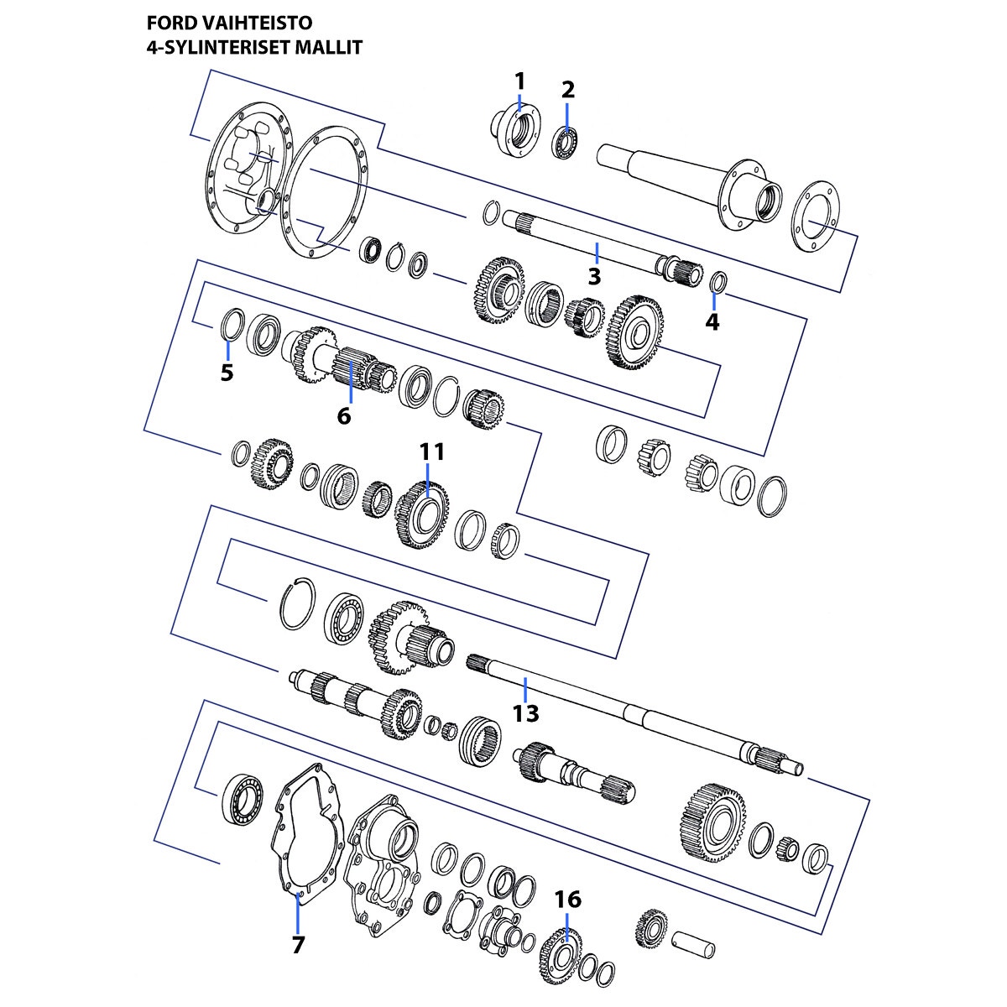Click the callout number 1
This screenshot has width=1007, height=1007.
pyautogui.click(x=519, y=81)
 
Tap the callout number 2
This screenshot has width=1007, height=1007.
pyautogui.click(x=568, y=90)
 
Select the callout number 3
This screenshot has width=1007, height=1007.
pyautogui.click(x=594, y=277)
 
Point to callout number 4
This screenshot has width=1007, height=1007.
pyautogui.click(x=712, y=321)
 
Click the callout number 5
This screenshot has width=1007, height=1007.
pyautogui.click(x=227, y=372)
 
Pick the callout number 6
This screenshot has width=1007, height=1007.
pyautogui.click(x=344, y=415)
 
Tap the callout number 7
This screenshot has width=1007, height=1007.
pyautogui.click(x=298, y=945)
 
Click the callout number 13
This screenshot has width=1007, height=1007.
pyautogui.click(x=525, y=713)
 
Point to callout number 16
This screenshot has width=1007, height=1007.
pyautogui.click(x=567, y=900)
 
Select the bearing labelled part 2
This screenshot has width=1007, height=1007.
pyautogui.click(x=566, y=141)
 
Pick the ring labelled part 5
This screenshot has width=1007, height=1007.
pyautogui.click(x=232, y=325)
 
